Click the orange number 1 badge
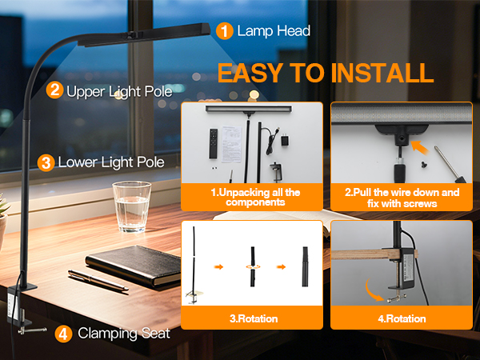[225, 31]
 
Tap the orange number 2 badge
[55, 90]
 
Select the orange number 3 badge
[46, 162]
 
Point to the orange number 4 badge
[64, 334]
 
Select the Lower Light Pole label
[112, 162]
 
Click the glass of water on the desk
[131, 206]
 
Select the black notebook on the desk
[135, 263]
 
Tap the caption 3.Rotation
[254, 319]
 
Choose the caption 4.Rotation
[402, 319]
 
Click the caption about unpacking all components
[254, 198]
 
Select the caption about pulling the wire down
[402, 198]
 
